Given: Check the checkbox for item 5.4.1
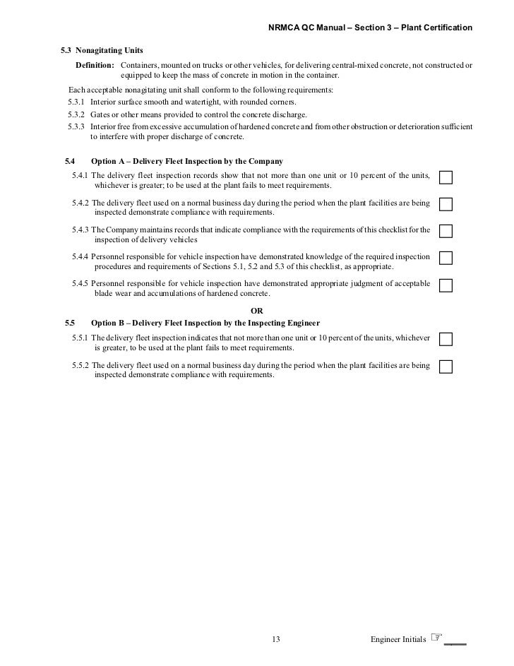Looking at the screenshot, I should pos(446,176).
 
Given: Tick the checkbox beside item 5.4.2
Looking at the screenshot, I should pos(446,203).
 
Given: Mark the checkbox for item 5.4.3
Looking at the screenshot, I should pos(446,231).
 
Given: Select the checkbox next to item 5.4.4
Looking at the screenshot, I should pos(446,258).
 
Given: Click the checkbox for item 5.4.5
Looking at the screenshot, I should pos(446,285).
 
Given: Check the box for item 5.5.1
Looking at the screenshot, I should pos(446,339).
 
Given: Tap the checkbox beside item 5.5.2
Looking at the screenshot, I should pos(446,367).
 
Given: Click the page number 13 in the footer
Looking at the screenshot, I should pos(276,639).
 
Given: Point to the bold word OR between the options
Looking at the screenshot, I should pos(257,310).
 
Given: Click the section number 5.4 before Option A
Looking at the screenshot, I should pos(69,161).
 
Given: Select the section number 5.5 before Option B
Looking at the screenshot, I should pos(69,322).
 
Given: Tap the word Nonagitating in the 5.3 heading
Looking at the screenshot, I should pos(99,51).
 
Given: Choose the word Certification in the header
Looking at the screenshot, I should pos(447,27).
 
